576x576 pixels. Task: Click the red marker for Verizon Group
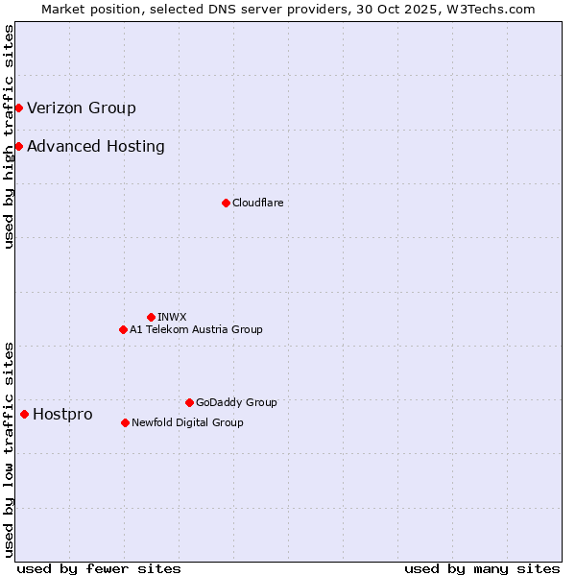[18, 108]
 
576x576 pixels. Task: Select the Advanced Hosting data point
[18, 146]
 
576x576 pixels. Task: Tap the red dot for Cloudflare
[226, 203]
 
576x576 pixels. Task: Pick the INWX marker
[151, 317]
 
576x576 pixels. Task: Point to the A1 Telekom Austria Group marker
[123, 329]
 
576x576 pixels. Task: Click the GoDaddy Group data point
[189, 402]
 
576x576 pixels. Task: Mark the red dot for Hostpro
[24, 414]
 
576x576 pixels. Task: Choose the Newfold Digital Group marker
[125, 422]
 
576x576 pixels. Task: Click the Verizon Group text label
[82, 108]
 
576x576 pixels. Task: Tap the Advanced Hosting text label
[96, 146]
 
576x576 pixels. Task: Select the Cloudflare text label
[257, 203]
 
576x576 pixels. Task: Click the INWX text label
[172, 317]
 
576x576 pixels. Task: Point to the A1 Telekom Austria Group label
[196, 329]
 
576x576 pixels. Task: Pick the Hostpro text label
[62, 414]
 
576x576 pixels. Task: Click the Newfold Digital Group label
[187, 422]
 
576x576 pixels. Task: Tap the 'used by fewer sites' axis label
[99, 568]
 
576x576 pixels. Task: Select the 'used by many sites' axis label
[482, 568]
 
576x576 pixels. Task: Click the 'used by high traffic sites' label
[9, 136]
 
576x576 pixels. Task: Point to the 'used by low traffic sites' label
[9, 449]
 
